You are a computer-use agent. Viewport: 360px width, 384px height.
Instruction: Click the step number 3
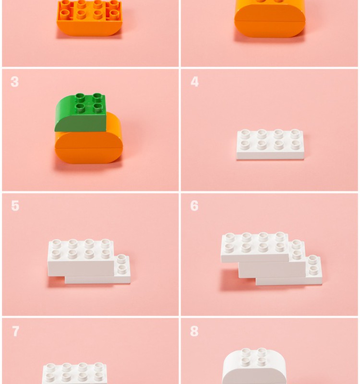click(15, 82)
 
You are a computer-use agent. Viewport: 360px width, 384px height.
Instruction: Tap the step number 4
click(194, 82)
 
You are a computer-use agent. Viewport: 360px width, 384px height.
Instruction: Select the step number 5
click(15, 206)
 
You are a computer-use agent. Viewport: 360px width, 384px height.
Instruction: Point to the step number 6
click(194, 206)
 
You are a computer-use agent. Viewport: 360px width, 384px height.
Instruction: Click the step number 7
click(16, 331)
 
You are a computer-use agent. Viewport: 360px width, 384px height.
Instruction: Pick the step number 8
click(194, 331)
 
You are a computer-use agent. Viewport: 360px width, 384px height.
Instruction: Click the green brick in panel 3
click(80, 112)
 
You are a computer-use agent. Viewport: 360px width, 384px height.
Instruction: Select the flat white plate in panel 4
click(270, 144)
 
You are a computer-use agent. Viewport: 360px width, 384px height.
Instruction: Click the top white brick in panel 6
click(255, 247)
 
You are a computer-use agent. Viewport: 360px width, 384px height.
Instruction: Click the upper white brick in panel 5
click(81, 258)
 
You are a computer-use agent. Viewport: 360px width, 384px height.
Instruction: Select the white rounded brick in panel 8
click(254, 366)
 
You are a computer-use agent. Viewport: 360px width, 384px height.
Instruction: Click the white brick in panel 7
click(74, 373)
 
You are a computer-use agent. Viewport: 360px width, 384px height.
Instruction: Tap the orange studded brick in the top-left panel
click(89, 18)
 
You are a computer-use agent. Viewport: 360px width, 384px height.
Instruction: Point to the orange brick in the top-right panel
click(270, 20)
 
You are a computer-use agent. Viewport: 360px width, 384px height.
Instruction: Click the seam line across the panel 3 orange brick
click(89, 148)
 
